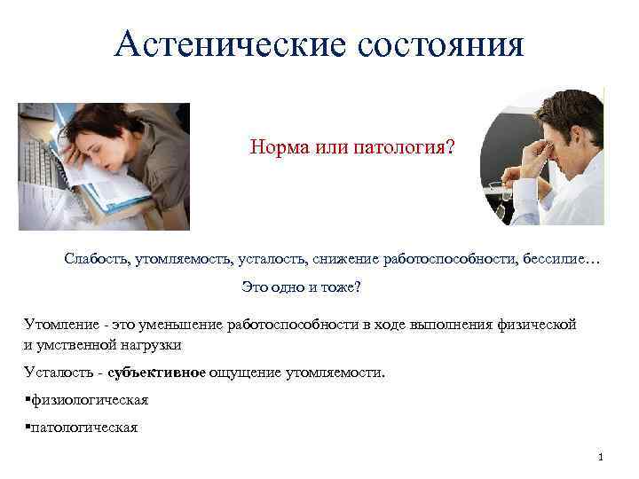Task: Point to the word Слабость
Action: point(97,258)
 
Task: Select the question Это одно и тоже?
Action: point(302,288)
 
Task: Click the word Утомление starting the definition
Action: point(59,325)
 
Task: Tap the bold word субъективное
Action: point(156,373)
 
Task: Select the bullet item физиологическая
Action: point(89,400)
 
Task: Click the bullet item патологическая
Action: point(84,428)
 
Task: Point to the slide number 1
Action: point(601,458)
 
